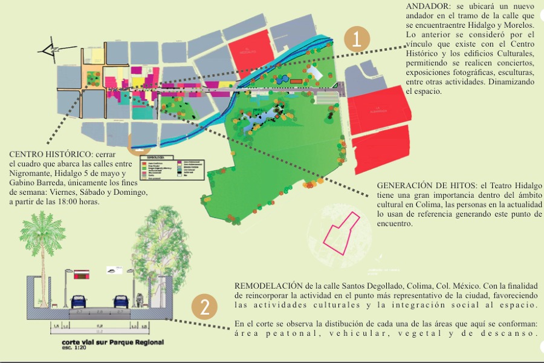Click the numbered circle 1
coord(357,40)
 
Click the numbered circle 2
coord(205,307)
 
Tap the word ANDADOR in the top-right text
coord(428,6)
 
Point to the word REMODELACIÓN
coord(268,285)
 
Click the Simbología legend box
coord(173,172)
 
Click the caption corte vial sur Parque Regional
coord(112,342)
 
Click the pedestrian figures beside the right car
coord(141,299)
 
